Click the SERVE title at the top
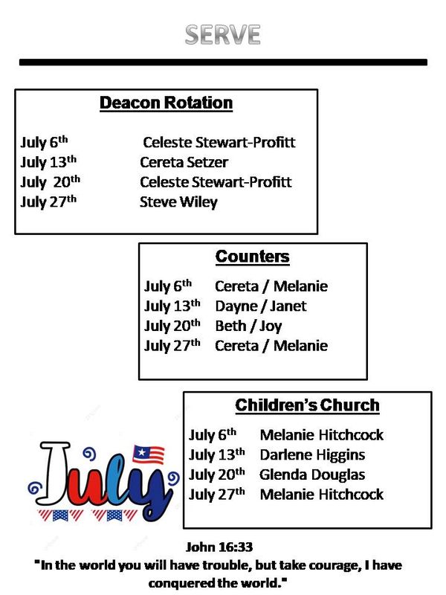222,35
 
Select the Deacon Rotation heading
166,103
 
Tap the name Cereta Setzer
184,162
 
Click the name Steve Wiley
178,202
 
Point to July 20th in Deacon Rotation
50,181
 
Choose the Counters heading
253,257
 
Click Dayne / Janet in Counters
261,306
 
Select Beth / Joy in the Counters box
248,327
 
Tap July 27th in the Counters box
172,345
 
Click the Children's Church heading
307,405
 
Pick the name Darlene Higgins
312,455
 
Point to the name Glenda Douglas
312,475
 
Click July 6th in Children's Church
213,435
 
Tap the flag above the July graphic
148,454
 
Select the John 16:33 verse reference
219,547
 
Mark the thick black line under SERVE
224,62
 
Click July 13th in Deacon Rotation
48,162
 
